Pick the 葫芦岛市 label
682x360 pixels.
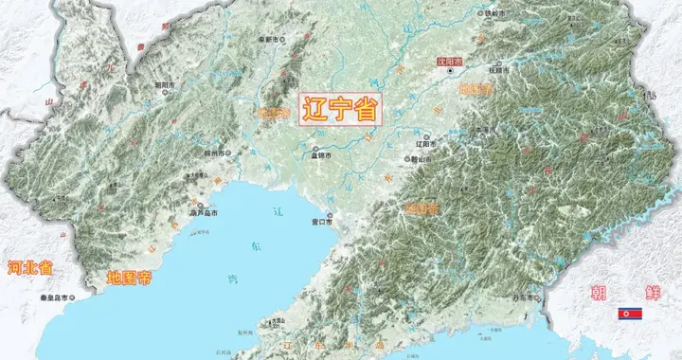204,214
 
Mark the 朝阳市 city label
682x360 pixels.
164,84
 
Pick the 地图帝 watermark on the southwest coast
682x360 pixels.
129,279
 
